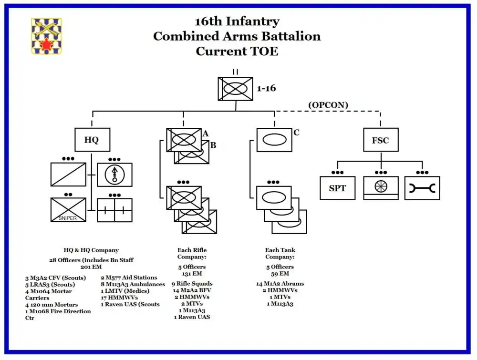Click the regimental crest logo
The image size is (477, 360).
click(47, 36)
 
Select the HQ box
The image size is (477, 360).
click(92, 140)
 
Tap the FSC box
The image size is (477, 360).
click(380, 140)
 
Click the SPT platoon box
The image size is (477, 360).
click(337, 188)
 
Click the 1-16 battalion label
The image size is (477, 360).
click(266, 89)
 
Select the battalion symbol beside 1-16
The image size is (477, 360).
click(235, 89)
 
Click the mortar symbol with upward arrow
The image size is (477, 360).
click(114, 175)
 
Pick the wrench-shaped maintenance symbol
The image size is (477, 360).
click(422, 188)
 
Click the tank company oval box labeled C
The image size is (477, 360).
click(274, 140)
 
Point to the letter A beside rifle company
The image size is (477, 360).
click(206, 134)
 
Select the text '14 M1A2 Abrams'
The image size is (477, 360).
click(280, 284)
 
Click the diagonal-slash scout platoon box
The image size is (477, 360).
click(68, 175)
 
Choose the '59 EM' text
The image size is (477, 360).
click(280, 274)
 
